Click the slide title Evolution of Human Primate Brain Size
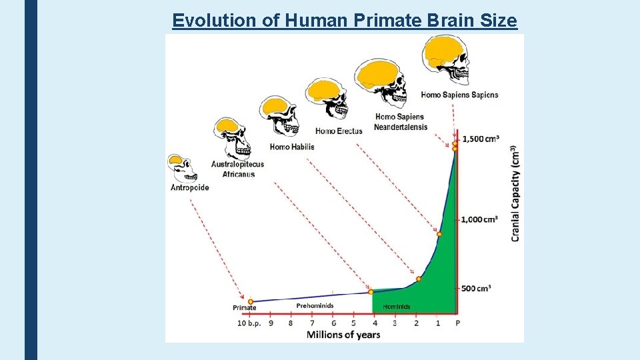tap(344, 21)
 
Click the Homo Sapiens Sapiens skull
tap(445, 60)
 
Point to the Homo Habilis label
tap(291, 147)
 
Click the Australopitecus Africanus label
tap(237, 169)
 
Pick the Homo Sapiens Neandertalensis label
tap(401, 122)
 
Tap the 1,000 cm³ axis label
tap(480, 219)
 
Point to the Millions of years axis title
tap(343, 334)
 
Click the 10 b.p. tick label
tap(249, 323)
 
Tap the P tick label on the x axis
tap(457, 323)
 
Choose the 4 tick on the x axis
tap(374, 323)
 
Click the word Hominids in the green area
tap(397, 307)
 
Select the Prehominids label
tap(315, 306)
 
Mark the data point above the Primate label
tap(251, 302)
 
